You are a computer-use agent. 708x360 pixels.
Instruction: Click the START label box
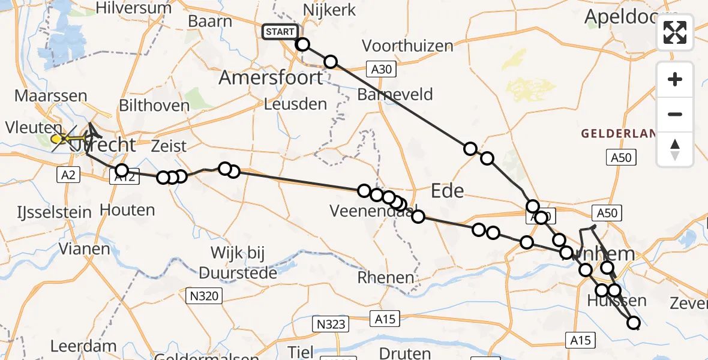tap(280, 32)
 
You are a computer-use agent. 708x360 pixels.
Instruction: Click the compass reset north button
tap(675, 149)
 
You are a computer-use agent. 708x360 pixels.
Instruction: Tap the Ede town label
tap(448, 191)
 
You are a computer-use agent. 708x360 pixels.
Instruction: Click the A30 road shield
tap(381, 70)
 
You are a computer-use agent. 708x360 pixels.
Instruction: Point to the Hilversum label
tap(134, 8)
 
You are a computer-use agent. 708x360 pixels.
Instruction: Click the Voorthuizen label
tap(407, 46)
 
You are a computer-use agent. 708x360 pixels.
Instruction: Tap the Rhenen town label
tap(386, 278)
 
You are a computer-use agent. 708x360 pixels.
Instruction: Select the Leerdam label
tap(83, 346)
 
